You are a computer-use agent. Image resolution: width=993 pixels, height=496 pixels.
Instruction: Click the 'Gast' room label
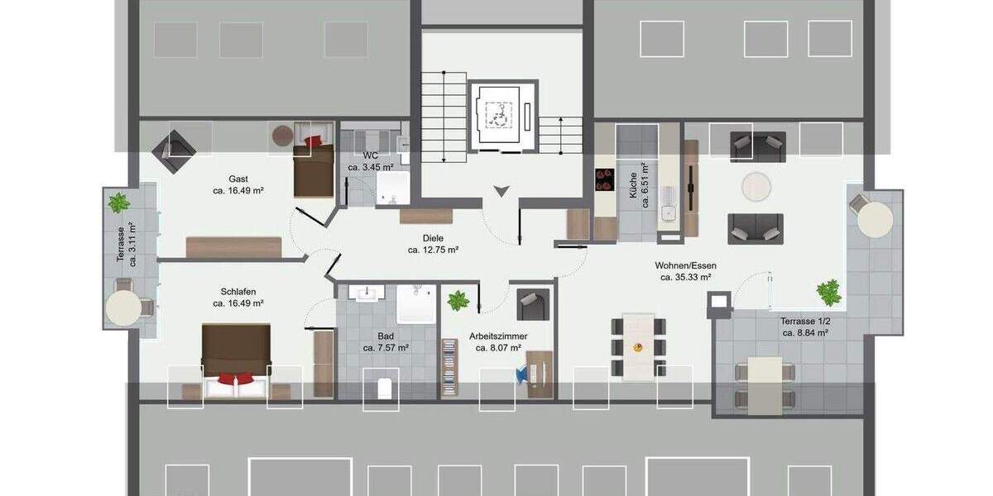pyautogui.click(x=238, y=179)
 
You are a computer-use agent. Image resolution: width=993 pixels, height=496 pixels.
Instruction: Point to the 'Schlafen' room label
pyautogui.click(x=238, y=292)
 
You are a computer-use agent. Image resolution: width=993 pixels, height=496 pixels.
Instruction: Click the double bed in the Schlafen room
pyautogui.click(x=236, y=355)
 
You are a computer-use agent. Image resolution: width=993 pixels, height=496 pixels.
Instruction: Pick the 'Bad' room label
pyautogui.click(x=386, y=336)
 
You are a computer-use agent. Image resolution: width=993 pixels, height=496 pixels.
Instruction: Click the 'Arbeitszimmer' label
pyautogui.click(x=498, y=336)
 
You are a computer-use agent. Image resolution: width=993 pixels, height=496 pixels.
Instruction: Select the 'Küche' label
pyautogui.click(x=633, y=182)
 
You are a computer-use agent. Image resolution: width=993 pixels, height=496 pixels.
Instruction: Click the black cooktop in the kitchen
pyautogui.click(x=602, y=180)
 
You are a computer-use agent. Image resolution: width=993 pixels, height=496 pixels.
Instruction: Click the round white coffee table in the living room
pyautogui.click(x=756, y=186)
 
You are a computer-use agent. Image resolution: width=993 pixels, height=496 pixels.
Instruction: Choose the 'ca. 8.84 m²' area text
pyautogui.click(x=805, y=333)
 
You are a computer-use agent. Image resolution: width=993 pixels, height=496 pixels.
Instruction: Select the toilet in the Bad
pyautogui.click(x=381, y=386)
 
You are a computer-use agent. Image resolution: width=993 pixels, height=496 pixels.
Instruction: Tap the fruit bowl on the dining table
pyautogui.click(x=638, y=347)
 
